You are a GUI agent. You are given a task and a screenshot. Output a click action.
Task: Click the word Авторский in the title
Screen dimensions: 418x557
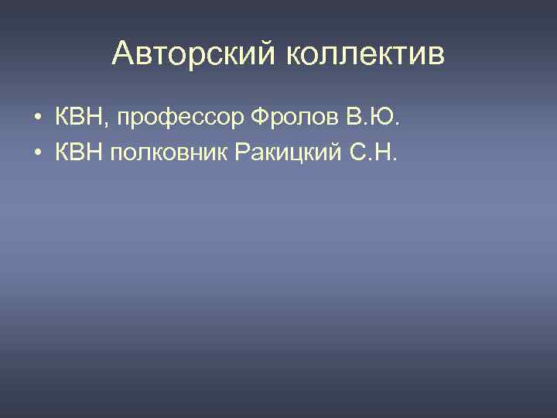point(196,54)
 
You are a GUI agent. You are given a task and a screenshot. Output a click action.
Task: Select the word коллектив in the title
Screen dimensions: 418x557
point(367,54)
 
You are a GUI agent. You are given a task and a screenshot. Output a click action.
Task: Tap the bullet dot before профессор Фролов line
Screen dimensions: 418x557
point(37,120)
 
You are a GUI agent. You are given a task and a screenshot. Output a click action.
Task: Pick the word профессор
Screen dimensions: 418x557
point(181,119)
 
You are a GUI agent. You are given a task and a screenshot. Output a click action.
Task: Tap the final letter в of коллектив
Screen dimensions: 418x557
point(438,56)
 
